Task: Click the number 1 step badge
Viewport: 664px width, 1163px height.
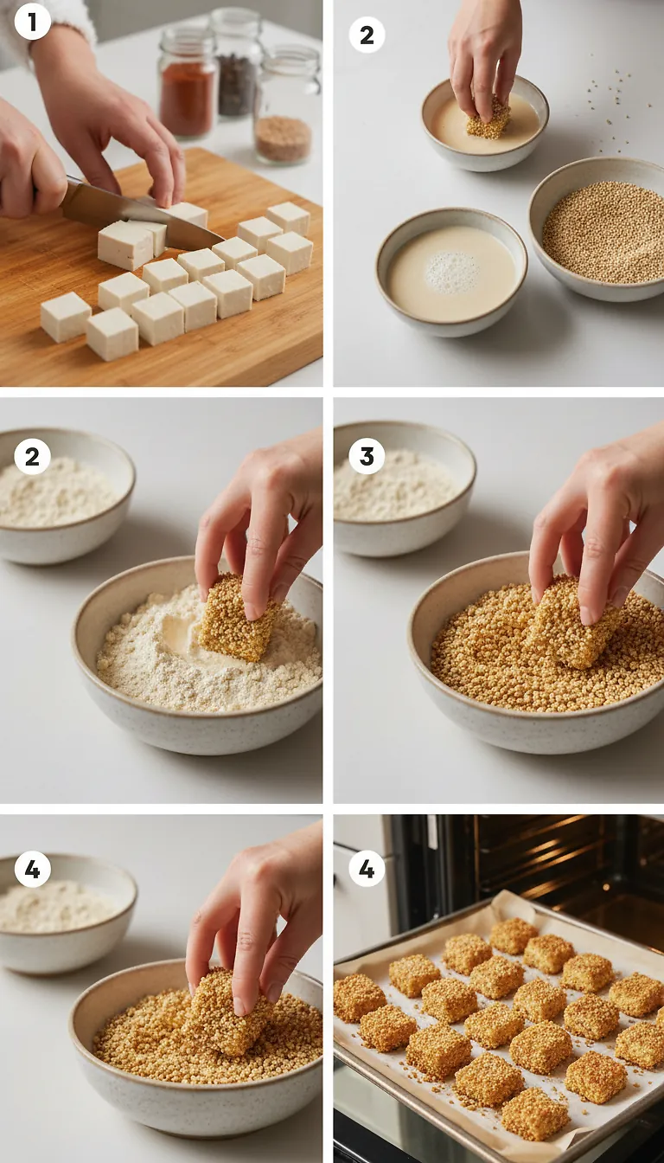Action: (x=32, y=22)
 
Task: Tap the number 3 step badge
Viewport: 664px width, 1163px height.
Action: (x=367, y=456)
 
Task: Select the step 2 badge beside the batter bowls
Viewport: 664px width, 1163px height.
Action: (x=367, y=35)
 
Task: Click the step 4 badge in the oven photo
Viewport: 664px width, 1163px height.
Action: (x=367, y=868)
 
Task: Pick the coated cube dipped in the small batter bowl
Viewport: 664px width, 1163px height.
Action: (x=489, y=121)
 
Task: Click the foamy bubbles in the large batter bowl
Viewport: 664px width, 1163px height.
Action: (x=451, y=272)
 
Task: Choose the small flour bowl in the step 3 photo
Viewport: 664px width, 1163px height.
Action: (x=403, y=489)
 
